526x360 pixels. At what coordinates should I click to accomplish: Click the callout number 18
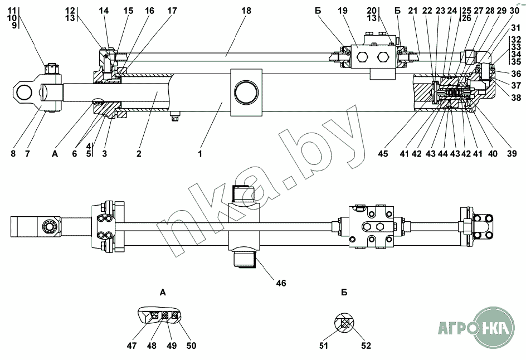coord(246,11)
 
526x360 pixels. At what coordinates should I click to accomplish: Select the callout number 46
coord(281,283)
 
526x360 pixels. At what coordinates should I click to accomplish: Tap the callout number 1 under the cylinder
coord(200,154)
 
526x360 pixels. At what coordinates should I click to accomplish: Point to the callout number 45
coord(383,154)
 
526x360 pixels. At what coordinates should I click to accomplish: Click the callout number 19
coord(343,11)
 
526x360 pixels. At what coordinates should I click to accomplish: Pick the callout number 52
coord(366,346)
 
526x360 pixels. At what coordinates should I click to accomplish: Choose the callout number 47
coord(132,346)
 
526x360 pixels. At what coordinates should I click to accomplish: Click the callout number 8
coord(13,154)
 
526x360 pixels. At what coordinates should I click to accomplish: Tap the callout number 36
coord(516,74)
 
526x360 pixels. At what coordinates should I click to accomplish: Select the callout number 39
coord(512,154)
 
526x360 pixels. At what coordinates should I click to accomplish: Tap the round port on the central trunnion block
coord(246,93)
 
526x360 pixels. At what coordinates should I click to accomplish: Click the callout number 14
coord(104,11)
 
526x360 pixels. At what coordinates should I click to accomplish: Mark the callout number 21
coord(413,11)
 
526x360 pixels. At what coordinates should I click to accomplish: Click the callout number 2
coord(139,154)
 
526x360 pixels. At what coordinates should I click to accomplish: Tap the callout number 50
coord(191,346)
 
